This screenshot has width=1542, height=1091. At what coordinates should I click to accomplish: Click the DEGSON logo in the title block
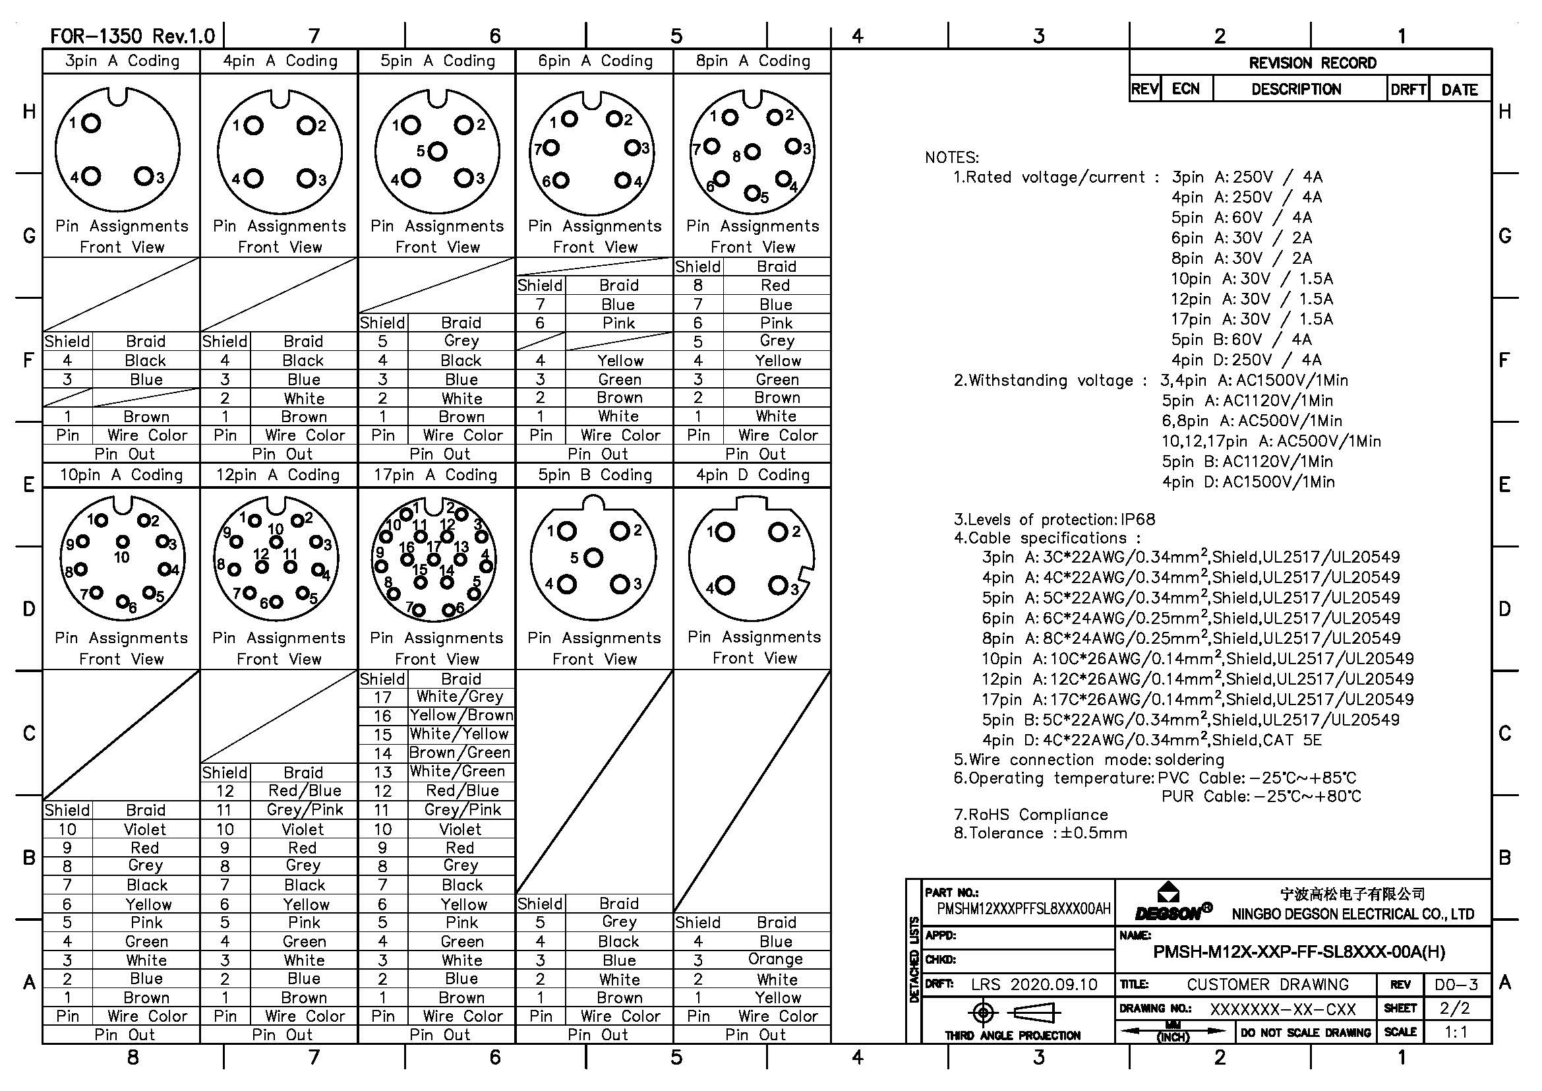(1173, 904)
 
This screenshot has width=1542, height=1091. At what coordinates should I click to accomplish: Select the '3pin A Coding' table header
(121, 61)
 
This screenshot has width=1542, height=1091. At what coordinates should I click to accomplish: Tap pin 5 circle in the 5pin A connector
(437, 151)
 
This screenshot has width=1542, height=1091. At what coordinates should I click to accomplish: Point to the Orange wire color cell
(776, 959)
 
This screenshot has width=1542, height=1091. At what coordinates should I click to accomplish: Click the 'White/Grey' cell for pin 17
(460, 697)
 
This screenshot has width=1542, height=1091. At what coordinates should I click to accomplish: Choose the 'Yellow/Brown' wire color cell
(461, 716)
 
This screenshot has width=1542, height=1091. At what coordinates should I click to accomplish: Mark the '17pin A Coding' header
(436, 475)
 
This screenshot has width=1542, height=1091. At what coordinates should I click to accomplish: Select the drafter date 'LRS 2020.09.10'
(1034, 985)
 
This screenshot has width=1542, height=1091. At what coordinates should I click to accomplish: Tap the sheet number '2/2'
(1455, 1009)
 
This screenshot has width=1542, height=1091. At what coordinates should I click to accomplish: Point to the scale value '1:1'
(1456, 1032)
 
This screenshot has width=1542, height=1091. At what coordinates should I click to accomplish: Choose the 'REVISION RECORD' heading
(1312, 63)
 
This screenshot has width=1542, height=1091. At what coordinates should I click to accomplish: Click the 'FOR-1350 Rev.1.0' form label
(133, 36)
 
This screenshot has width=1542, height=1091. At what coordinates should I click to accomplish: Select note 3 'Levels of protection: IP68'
(1054, 519)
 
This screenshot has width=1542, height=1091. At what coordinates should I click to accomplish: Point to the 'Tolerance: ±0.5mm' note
(1040, 834)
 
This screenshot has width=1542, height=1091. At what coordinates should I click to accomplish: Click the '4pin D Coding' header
(752, 475)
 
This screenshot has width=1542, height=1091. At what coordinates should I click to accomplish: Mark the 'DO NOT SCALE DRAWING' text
(1305, 1032)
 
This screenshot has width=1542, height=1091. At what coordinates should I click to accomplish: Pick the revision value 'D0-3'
(1456, 985)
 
